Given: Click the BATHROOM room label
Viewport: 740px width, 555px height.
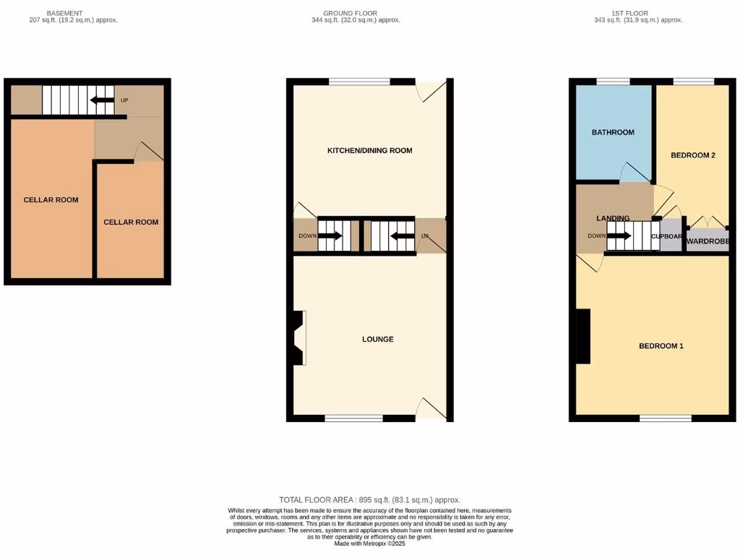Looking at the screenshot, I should pos(613,132).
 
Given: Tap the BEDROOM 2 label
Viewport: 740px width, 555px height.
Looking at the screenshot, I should pos(693,155).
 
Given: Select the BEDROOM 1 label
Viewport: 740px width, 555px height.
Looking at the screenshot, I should pos(661,346).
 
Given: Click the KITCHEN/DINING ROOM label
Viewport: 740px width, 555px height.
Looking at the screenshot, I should pos(370,151).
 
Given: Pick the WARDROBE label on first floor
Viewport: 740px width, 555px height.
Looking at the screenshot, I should pos(707,241).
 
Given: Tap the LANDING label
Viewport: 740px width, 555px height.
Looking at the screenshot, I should pos(613,218).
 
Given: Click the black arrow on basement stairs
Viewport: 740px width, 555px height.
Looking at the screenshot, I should pos(101,100).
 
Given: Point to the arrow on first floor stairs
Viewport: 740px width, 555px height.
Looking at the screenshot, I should pos(619,236).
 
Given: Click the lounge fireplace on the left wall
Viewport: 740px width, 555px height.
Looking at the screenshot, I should pos(298,337).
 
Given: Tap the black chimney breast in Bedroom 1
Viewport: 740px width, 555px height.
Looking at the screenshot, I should pos(582,336).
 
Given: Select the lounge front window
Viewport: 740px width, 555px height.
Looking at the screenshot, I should pos(353,418).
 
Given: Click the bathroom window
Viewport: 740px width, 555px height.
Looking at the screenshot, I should pos(613,82).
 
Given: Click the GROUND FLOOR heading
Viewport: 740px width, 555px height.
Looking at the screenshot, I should pos(350,13).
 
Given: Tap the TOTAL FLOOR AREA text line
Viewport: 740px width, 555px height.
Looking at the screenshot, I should pos(369,500).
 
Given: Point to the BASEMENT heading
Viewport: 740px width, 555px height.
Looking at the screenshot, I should pos(64,13).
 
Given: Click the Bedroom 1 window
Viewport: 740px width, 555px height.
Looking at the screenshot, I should pos(665,418).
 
